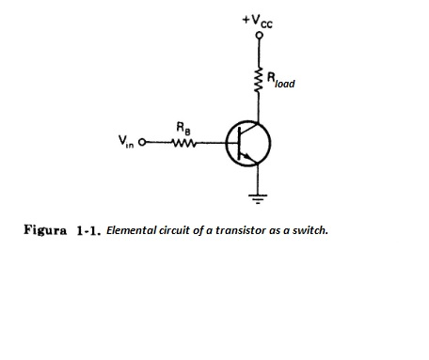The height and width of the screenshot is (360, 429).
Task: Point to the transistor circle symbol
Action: click(x=248, y=143)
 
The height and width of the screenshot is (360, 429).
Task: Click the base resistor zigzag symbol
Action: click(x=183, y=144)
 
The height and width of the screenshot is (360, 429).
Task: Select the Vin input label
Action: click(x=127, y=144)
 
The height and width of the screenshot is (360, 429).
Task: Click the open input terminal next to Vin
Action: click(x=143, y=144)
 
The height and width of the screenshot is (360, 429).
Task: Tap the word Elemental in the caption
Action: click(x=130, y=228)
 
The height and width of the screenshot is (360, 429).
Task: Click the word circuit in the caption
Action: click(x=175, y=228)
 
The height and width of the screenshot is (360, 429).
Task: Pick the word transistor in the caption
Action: click(x=238, y=228)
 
